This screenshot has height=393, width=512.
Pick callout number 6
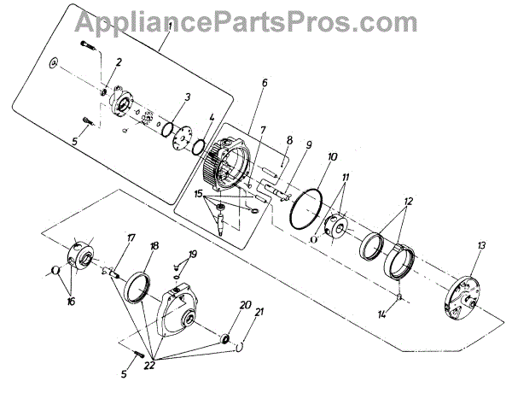click(265, 83)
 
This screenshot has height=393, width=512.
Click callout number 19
click(193, 255)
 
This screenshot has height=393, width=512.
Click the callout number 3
click(188, 97)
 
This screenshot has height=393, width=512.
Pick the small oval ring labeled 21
click(241, 346)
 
